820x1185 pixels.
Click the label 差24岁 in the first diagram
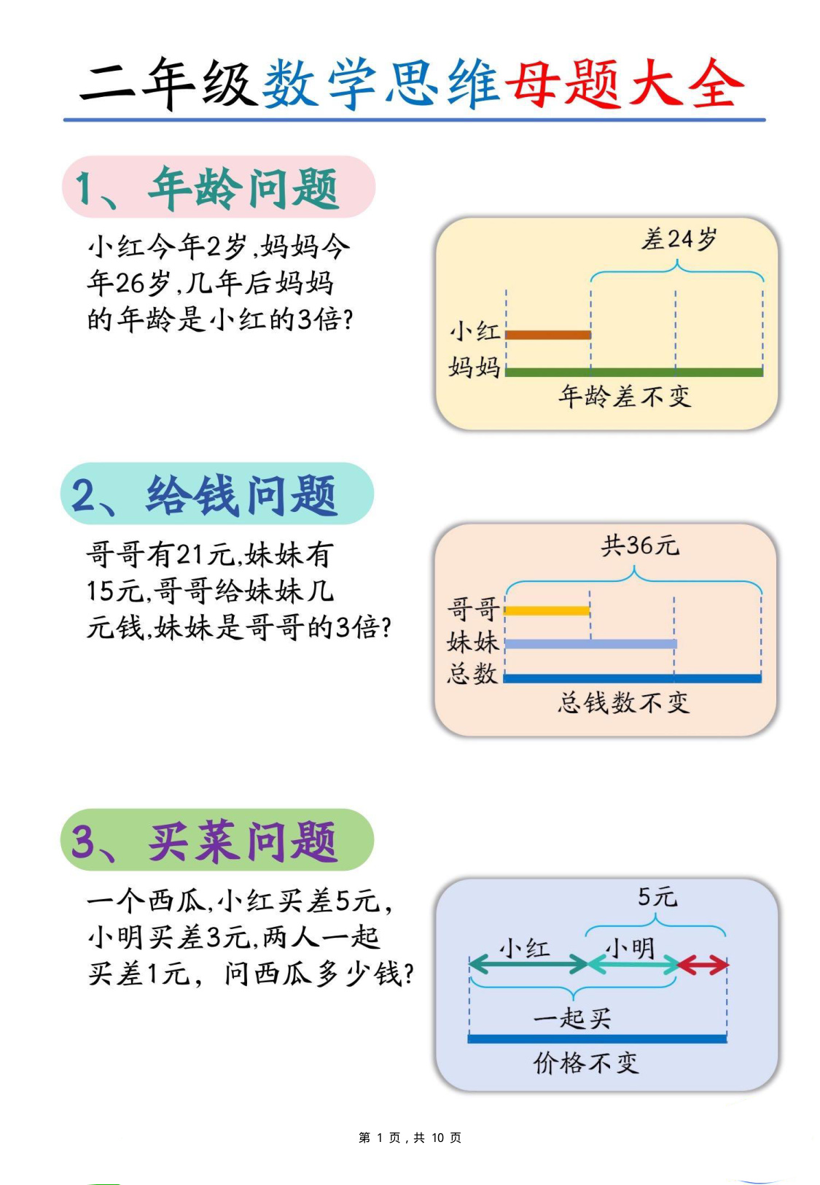(679, 239)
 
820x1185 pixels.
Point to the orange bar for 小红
(548, 335)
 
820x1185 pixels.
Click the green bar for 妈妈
(634, 373)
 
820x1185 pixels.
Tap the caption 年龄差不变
(625, 397)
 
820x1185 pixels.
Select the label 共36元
(640, 545)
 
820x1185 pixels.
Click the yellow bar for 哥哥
(547, 611)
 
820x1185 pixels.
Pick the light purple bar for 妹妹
(590, 644)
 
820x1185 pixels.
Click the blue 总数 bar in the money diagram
(633, 679)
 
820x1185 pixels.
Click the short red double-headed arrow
(703, 965)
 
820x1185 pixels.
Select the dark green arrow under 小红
(528, 965)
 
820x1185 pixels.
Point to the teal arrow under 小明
(633, 965)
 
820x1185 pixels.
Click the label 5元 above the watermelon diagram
(657, 897)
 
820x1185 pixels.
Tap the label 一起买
(573, 1018)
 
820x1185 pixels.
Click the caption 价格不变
(586, 1062)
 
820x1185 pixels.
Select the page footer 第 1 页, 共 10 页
(410, 1138)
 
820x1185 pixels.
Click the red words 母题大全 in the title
(625, 84)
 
